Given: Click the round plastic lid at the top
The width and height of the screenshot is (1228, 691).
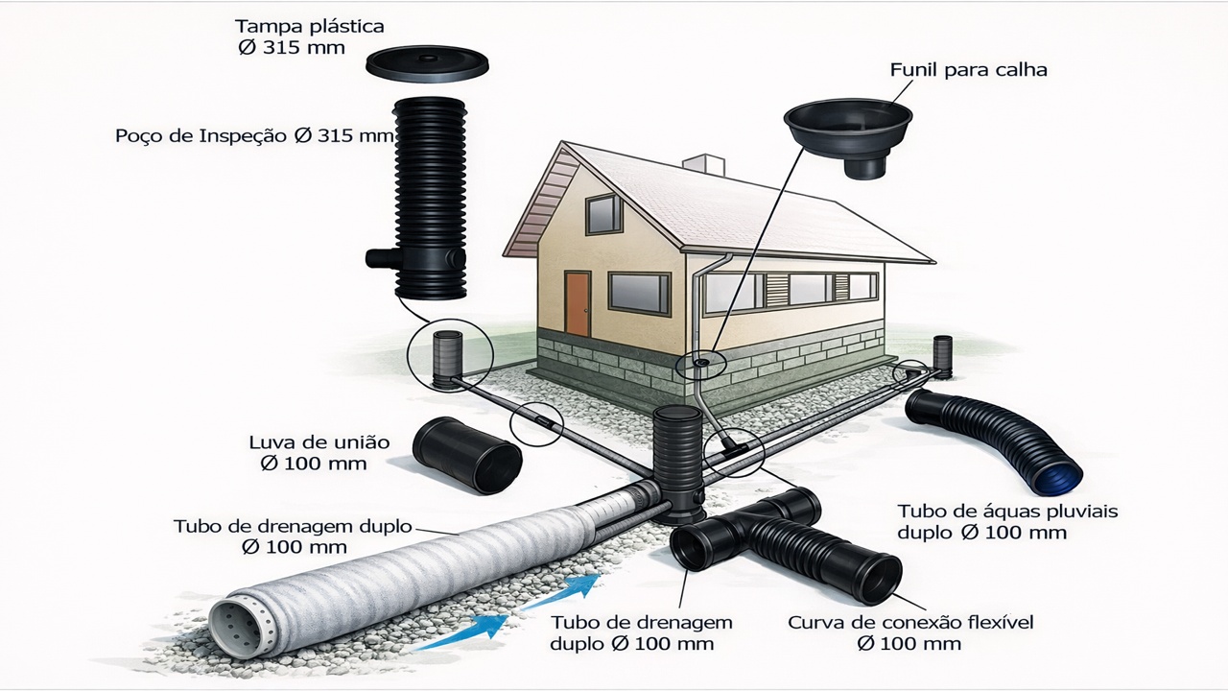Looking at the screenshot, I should point(426,64).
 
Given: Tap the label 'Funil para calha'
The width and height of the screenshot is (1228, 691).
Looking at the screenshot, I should point(968,70).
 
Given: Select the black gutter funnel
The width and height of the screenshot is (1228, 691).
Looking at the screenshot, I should point(847,134).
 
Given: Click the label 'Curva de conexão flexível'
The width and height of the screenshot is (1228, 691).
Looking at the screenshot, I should point(910,623).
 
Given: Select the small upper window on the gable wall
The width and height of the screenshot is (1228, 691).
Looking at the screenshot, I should point(603,213).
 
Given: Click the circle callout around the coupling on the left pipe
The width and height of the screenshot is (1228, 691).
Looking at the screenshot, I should point(535,422).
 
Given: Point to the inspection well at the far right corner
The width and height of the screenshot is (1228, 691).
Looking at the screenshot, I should point(942,357).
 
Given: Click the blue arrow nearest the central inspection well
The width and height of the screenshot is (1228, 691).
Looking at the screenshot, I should point(573,588).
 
